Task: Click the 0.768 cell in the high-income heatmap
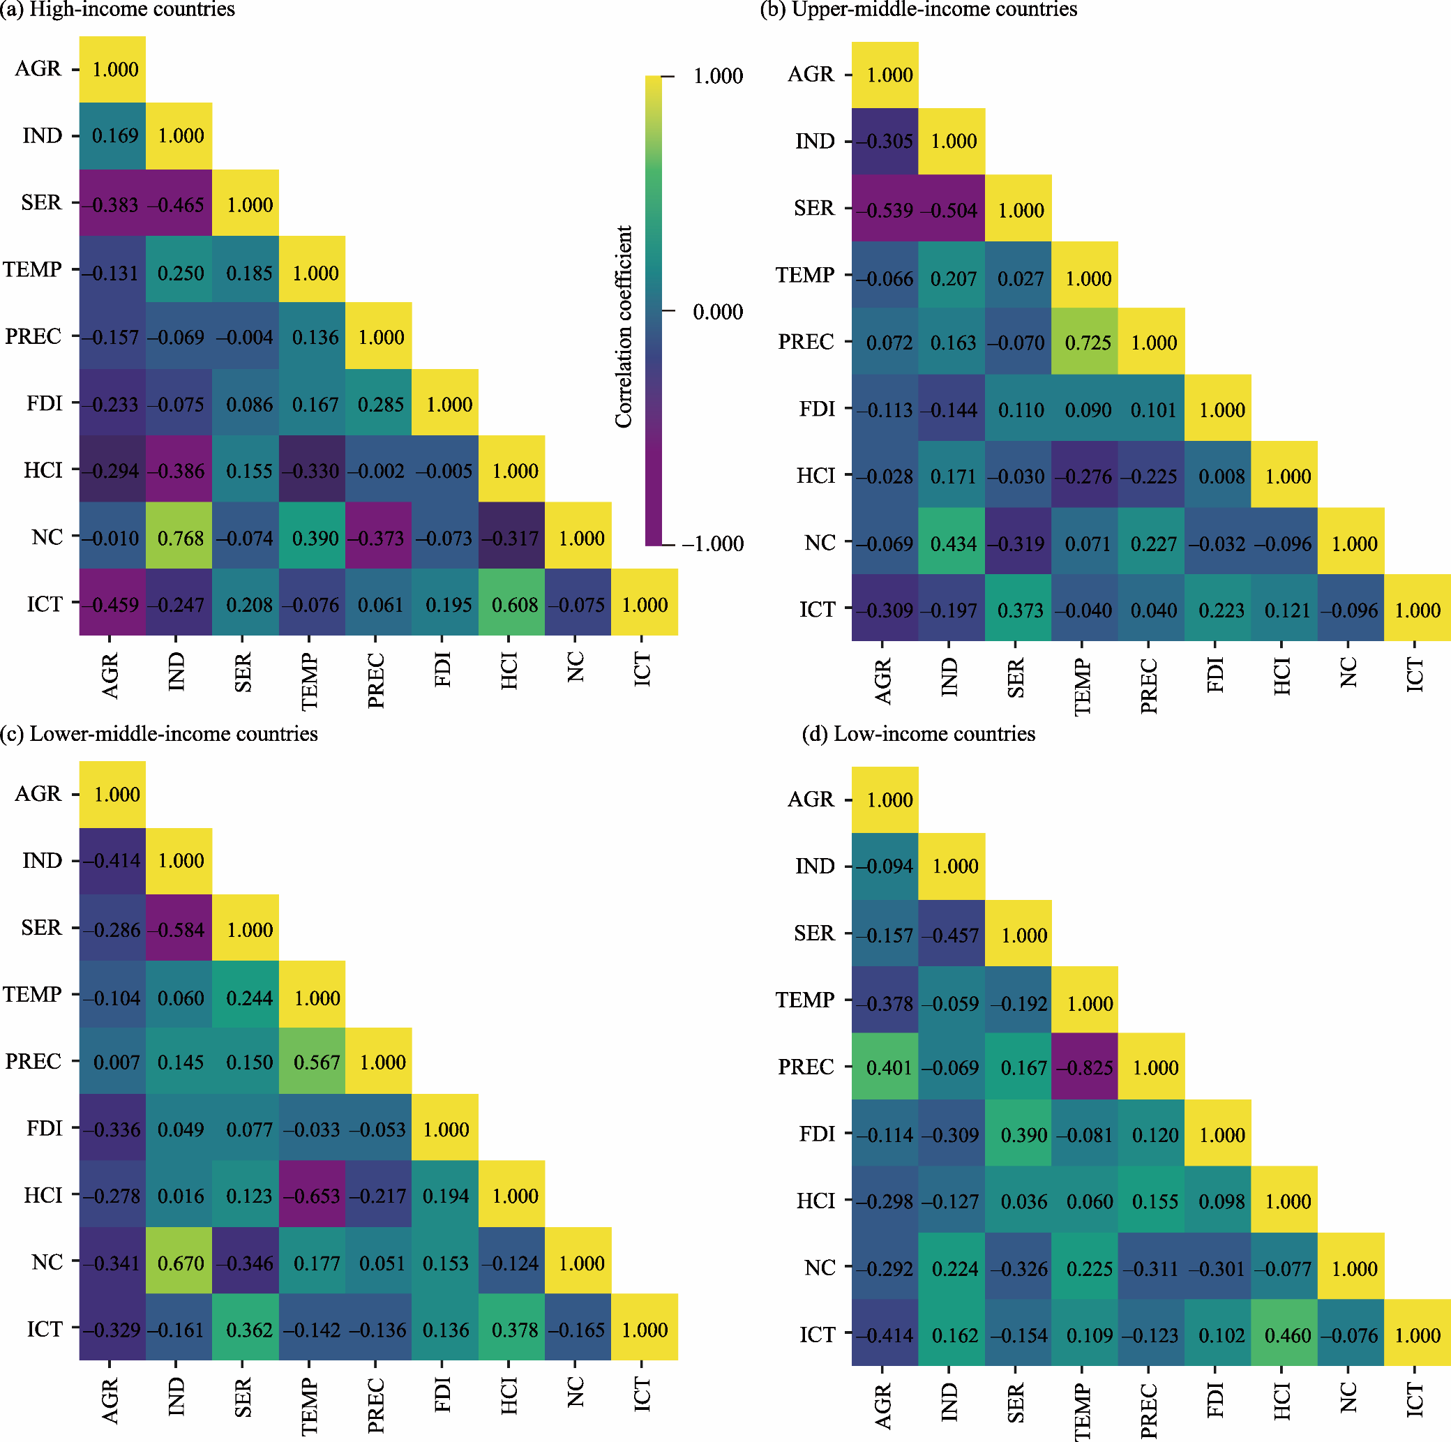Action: tap(179, 538)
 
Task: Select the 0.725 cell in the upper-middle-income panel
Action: tap(1088, 343)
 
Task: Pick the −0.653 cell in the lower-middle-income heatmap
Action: tap(313, 1195)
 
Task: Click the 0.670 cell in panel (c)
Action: tap(179, 1263)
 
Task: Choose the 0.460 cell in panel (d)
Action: tap(1286, 1335)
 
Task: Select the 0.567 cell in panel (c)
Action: tap(316, 1062)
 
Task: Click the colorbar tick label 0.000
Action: tap(717, 312)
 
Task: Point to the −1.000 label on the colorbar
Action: tap(713, 543)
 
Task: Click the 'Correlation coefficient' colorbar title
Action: tap(624, 326)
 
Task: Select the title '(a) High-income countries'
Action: tap(118, 10)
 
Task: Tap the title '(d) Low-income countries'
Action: tap(918, 734)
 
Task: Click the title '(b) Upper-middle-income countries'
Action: tap(918, 10)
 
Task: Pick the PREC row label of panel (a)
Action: tap(33, 336)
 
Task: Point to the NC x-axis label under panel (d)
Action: tap(1349, 1397)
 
